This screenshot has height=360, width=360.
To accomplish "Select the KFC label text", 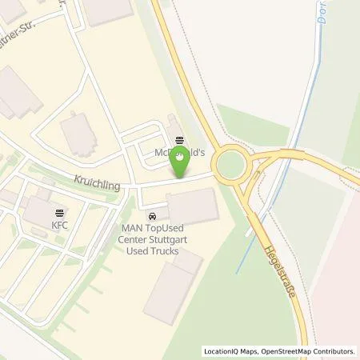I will coord(61,225).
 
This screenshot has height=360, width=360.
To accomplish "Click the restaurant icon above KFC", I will coord(61,213).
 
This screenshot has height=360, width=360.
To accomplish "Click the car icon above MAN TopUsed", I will coord(151,215).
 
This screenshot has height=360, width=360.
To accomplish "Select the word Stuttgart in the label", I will coord(168,238).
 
